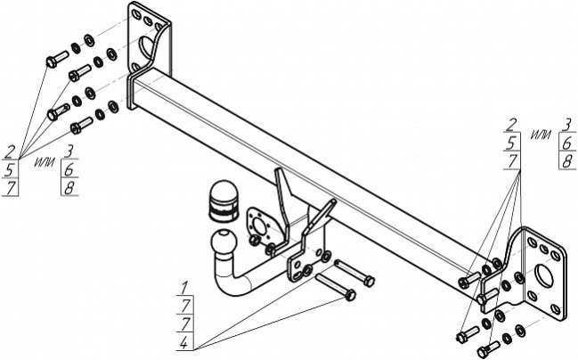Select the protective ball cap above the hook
coord(224,200)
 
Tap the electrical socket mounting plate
coord(261,227)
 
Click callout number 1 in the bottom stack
coord(184,287)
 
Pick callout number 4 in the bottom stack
coord(184,343)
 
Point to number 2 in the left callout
coord(11,151)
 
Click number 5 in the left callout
coord(11,170)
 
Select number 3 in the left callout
coord(69,151)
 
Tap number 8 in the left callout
coord(69,188)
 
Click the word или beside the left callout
coord(45,163)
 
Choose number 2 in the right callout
coord(511,125)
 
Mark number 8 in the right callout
coord(567,161)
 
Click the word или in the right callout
coord(541,135)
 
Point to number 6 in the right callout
coord(567,143)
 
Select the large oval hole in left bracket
coord(144,47)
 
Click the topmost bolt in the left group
coord(58,60)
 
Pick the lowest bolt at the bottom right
coord(488,348)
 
